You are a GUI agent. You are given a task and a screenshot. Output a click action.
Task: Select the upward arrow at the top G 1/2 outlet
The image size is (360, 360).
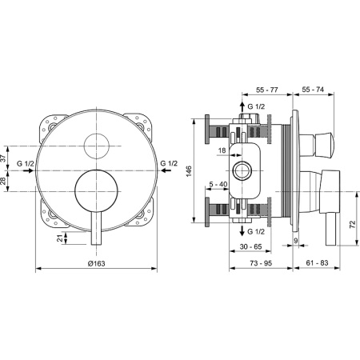[245, 105]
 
